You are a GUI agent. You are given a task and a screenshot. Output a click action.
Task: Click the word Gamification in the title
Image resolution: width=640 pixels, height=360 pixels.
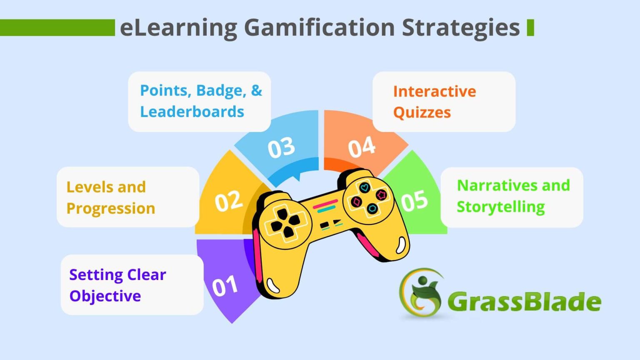[319, 27]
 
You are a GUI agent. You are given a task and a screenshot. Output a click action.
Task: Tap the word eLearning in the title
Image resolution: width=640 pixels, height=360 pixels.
[178, 27]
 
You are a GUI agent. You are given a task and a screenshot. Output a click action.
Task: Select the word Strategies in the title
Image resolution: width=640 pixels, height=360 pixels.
[460, 27]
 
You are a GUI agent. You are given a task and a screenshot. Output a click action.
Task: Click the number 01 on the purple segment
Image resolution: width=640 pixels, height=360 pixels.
[225, 286]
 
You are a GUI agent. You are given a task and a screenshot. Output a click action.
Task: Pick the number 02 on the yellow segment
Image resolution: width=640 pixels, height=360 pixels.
[228, 201]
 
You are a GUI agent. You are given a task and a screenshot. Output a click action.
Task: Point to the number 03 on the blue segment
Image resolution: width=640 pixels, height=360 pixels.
[281, 148]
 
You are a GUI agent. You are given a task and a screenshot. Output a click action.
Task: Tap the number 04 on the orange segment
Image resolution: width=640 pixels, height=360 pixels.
[362, 147]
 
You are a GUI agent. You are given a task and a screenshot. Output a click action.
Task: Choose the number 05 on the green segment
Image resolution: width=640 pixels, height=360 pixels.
[414, 200]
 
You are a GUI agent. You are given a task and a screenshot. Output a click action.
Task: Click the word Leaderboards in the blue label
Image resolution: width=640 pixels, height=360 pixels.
[192, 112]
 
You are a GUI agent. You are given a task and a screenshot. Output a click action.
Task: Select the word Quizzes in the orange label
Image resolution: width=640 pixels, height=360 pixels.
[422, 112]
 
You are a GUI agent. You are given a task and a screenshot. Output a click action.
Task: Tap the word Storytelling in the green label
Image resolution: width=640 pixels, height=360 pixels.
[500, 207]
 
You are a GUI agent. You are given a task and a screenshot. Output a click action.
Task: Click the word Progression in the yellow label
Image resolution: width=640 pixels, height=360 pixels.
[111, 208]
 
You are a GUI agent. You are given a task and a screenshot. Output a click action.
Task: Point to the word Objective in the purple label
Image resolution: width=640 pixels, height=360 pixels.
[105, 296]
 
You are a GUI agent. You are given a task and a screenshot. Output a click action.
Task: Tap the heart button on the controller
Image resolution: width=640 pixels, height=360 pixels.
[365, 187]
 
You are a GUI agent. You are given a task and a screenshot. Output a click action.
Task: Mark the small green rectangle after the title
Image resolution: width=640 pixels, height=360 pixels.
[530, 27]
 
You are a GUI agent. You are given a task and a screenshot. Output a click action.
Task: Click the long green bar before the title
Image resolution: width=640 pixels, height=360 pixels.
[57, 27]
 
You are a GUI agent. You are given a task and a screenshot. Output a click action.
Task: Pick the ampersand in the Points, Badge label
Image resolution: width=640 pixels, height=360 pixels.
[256, 90]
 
